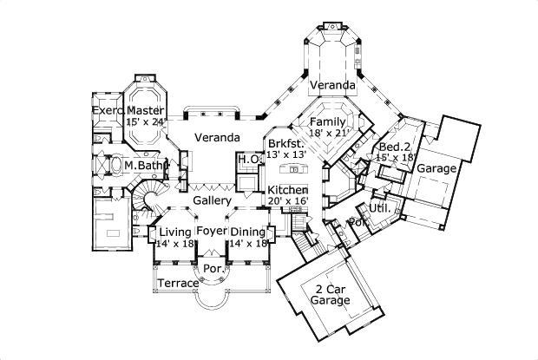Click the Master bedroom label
click(146, 111)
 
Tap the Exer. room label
click(108, 111)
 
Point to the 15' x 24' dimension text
click(146, 122)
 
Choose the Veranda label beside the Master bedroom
click(216, 137)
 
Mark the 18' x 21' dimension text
click(330, 134)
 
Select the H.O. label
click(246, 159)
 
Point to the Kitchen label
click(287, 190)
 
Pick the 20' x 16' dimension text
click(287, 201)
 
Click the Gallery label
click(211, 200)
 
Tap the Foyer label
click(211, 231)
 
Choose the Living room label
click(174, 232)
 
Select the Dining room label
click(248, 232)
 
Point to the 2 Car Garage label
click(331, 294)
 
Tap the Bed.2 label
click(395, 147)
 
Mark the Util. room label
click(377, 209)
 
